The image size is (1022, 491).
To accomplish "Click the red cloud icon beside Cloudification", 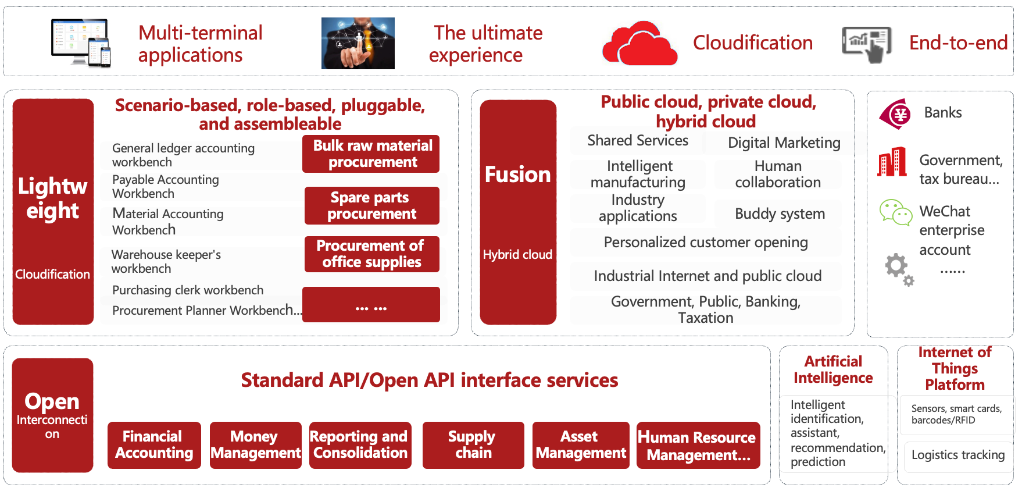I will pos(639,44).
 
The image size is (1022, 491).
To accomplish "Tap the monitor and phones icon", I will pos(81,43).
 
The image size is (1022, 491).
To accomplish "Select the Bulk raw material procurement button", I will pos(371,154).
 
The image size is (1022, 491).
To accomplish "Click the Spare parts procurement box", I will pos(371,206).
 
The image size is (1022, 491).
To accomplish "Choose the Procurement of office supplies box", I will pos(371,254).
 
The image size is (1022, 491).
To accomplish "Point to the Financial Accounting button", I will pos(154,445).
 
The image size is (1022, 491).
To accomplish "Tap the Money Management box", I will pos(255,445).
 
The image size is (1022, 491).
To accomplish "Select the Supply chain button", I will pos(473,445).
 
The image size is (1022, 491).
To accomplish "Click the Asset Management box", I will pos(581,445).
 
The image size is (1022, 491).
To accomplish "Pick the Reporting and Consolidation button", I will pos(360,445).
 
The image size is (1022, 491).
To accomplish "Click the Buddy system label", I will pos(780,214).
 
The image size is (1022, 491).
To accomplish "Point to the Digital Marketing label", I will pos(784,143).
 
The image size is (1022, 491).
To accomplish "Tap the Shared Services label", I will pos(638,141).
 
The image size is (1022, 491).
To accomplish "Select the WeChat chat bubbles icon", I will pos(895,212).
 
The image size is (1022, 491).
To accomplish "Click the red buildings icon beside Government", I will pos(892,162).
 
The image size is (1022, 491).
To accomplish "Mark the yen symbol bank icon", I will pos(895,113).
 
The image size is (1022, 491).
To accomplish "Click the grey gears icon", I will pos(899,269).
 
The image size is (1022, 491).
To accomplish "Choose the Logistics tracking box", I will pos(957,455).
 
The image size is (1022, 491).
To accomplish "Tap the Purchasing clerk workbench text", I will pos(188,290).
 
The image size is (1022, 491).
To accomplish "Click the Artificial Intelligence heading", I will pos(833,370).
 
